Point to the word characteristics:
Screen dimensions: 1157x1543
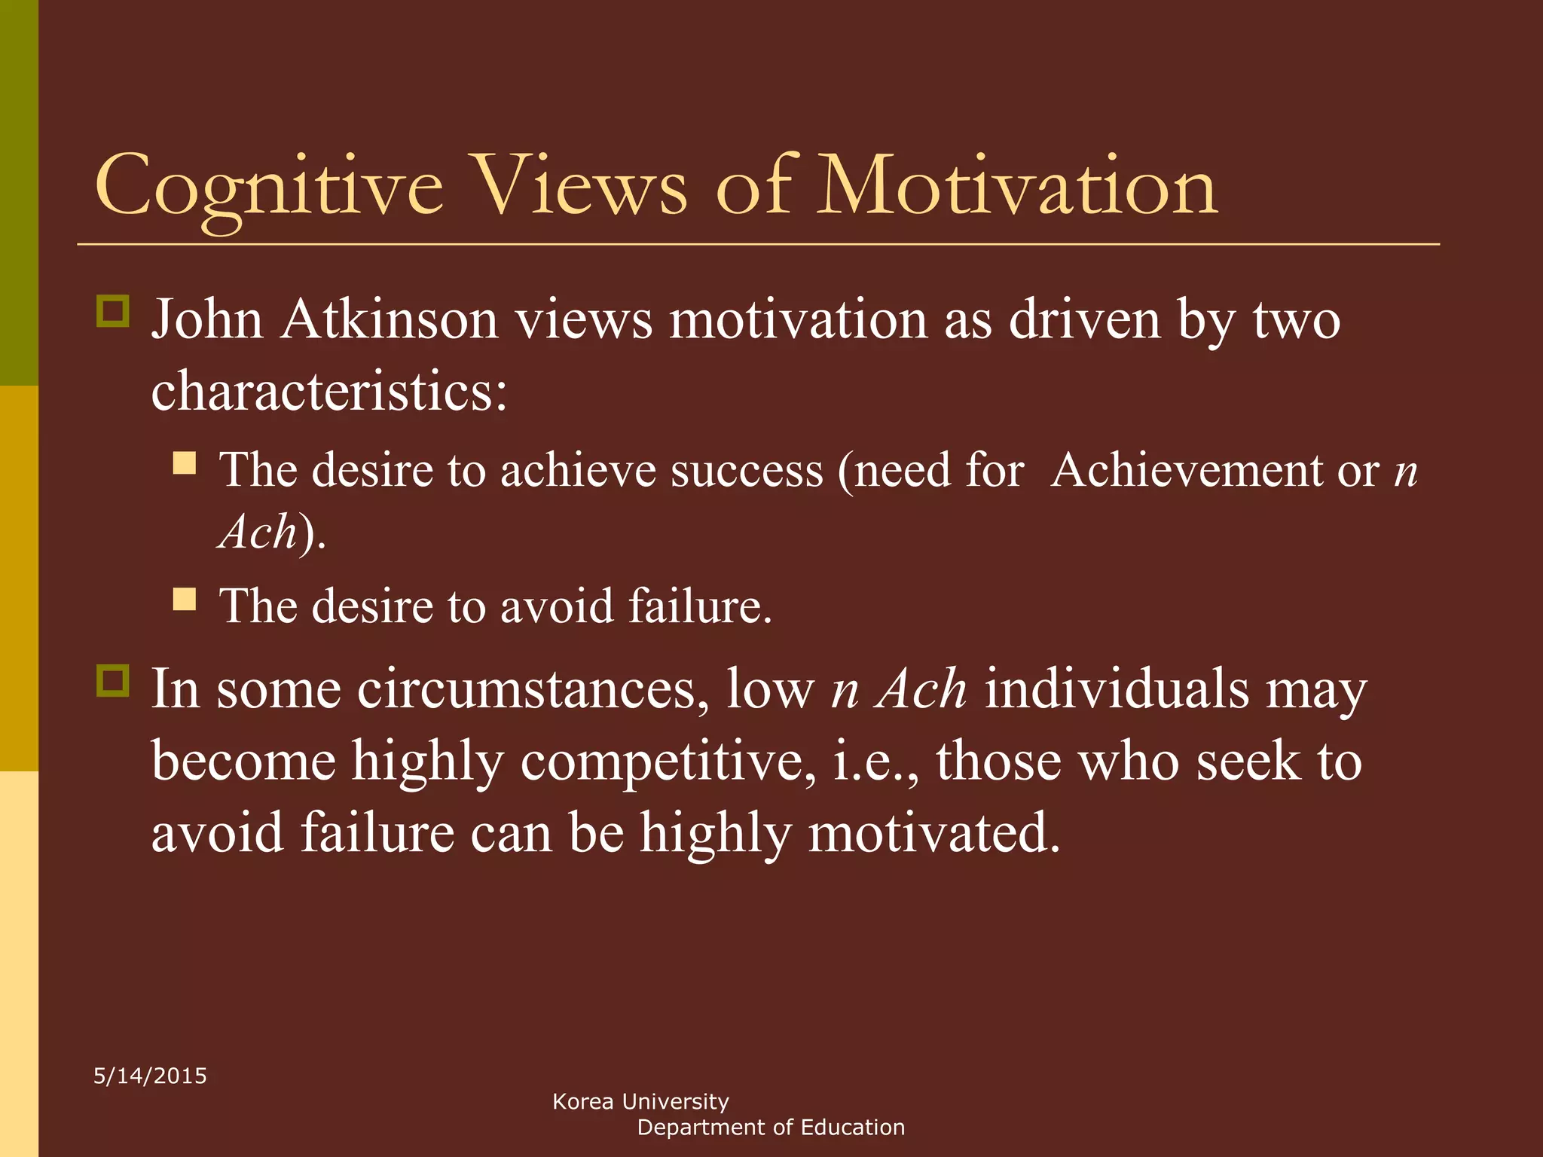329,392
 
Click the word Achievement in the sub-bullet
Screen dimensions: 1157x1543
1186,471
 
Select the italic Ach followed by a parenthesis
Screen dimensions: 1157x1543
258,533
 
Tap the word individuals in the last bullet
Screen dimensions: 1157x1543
1117,689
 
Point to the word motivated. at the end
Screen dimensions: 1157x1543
934,833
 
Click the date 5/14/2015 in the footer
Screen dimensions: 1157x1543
150,1076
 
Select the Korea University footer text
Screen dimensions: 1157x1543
640,1102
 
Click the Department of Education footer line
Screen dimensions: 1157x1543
771,1128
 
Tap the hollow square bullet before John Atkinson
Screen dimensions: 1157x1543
113,310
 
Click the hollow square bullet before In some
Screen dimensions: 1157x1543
113,681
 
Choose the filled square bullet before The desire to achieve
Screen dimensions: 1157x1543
185,462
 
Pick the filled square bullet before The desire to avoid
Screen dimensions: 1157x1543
185,599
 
